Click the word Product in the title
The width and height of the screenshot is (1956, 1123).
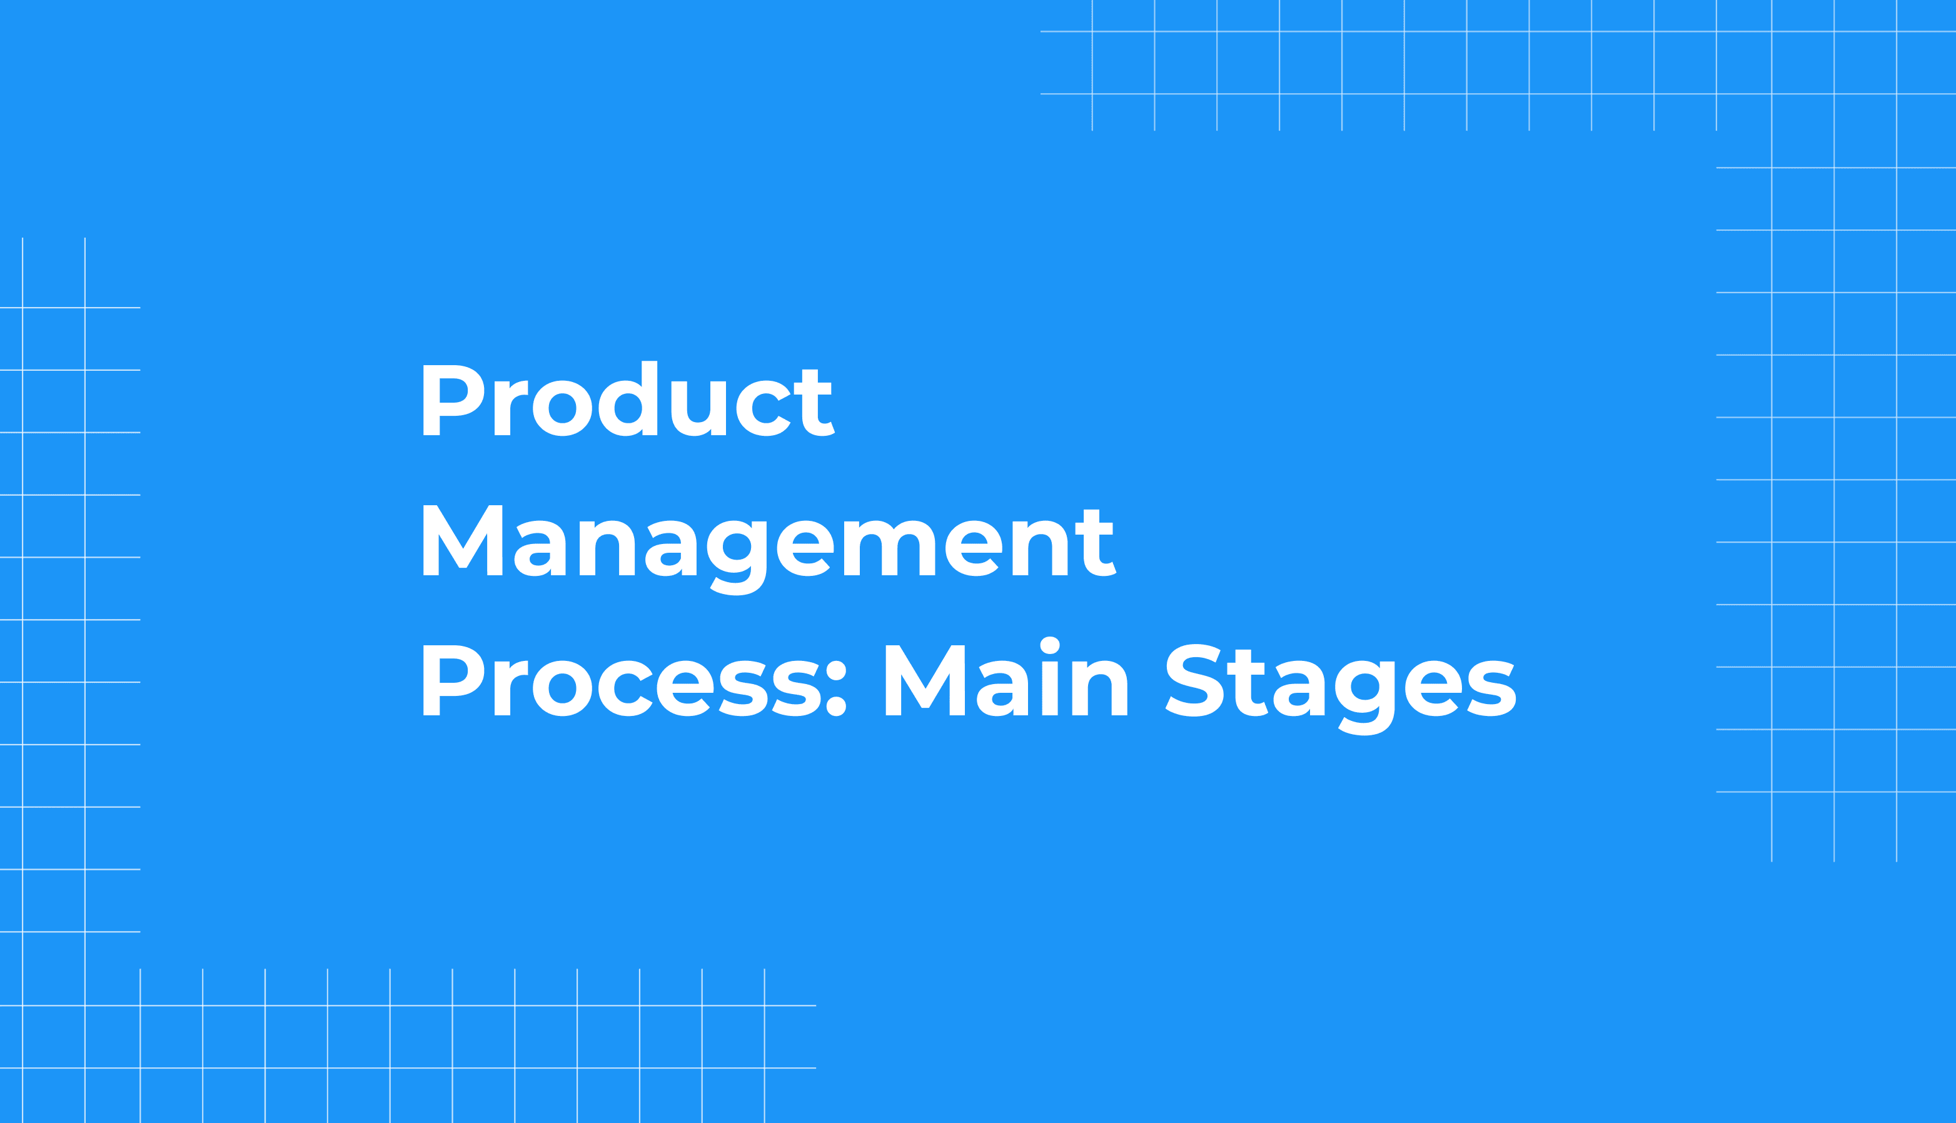628,400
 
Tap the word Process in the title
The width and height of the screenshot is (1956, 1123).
595,681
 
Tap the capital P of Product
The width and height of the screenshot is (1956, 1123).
452,400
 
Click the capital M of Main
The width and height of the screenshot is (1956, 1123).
925,680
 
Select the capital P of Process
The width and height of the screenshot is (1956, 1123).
452,680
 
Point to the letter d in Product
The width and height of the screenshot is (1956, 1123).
628,400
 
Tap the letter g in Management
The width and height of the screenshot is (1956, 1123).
737,555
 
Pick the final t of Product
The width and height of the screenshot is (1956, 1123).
815,403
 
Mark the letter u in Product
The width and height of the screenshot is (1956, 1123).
698,409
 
